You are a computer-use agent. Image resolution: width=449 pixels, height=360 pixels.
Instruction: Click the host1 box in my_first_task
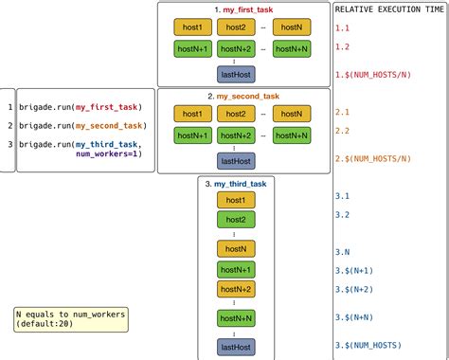point(191,27)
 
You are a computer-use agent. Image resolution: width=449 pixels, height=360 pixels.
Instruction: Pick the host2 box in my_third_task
point(236,220)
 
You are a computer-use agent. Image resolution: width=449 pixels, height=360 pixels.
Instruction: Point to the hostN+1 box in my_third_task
point(236,270)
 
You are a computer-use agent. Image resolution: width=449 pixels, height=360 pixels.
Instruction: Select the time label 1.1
point(342,27)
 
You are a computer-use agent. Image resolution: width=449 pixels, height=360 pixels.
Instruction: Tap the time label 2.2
point(342,131)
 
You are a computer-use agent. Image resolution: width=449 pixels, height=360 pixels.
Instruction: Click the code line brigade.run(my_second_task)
point(81,126)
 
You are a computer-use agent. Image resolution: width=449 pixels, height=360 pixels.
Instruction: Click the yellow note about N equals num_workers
point(70,319)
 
